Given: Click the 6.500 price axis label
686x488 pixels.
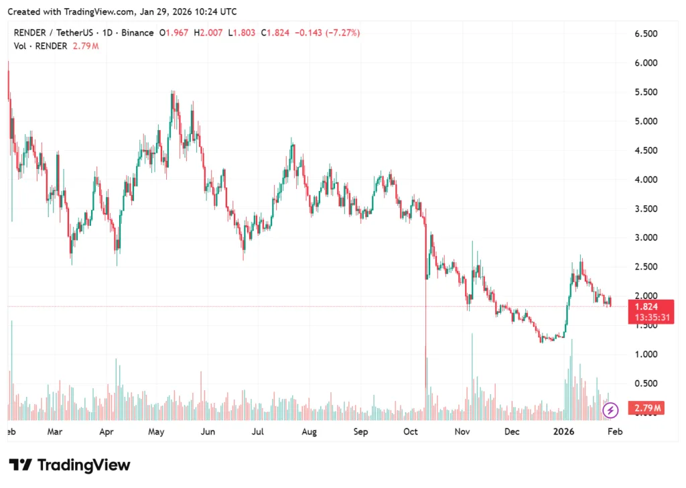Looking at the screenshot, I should [x=648, y=34].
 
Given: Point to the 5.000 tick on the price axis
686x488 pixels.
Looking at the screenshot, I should [x=648, y=121].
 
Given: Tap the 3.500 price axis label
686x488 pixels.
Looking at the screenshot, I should [x=648, y=209].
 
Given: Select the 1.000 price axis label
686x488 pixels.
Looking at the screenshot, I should [x=648, y=355].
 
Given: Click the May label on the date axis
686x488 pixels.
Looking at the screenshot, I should [x=156, y=432].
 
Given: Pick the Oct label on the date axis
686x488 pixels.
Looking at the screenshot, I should [x=411, y=432].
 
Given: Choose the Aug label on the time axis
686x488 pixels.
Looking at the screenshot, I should [x=309, y=432].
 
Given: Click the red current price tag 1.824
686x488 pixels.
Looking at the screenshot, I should [x=645, y=307].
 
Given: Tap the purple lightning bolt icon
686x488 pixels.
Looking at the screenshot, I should [x=610, y=410].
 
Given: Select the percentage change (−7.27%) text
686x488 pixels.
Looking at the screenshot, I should [x=342, y=32].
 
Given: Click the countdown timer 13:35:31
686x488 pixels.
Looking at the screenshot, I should [x=645, y=318].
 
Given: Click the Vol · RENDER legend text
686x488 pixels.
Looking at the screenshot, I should [x=40, y=46].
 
